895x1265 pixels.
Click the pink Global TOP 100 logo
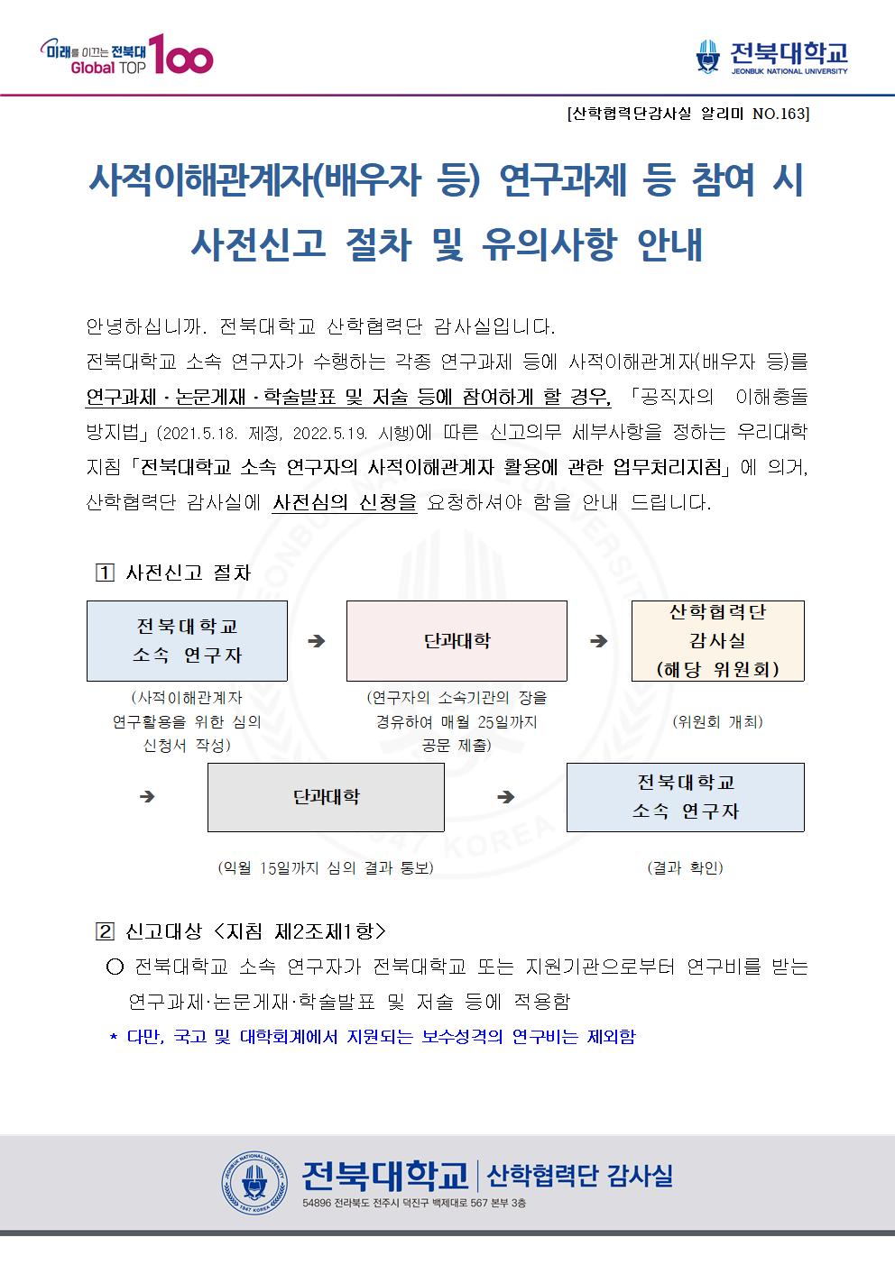click(126, 54)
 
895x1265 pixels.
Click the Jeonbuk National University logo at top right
click(771, 57)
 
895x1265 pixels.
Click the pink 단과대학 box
click(457, 641)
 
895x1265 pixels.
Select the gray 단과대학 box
click(326, 797)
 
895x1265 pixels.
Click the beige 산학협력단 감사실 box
click(717, 641)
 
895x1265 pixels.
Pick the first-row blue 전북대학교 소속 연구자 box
click(187, 641)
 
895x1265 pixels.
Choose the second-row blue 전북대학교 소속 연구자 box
click(686, 797)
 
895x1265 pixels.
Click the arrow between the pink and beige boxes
click(598, 641)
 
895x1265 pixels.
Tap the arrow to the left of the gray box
click(147, 797)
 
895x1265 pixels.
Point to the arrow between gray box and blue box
click(506, 797)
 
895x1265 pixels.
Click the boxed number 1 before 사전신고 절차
click(105, 573)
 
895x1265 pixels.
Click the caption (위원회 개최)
click(717, 721)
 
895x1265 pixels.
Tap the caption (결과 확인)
click(686, 867)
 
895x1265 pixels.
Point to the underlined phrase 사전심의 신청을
click(345, 502)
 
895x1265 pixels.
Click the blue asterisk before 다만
click(114, 1037)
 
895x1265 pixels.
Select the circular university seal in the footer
click(254, 1183)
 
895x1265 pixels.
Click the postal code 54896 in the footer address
click(316, 1203)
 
